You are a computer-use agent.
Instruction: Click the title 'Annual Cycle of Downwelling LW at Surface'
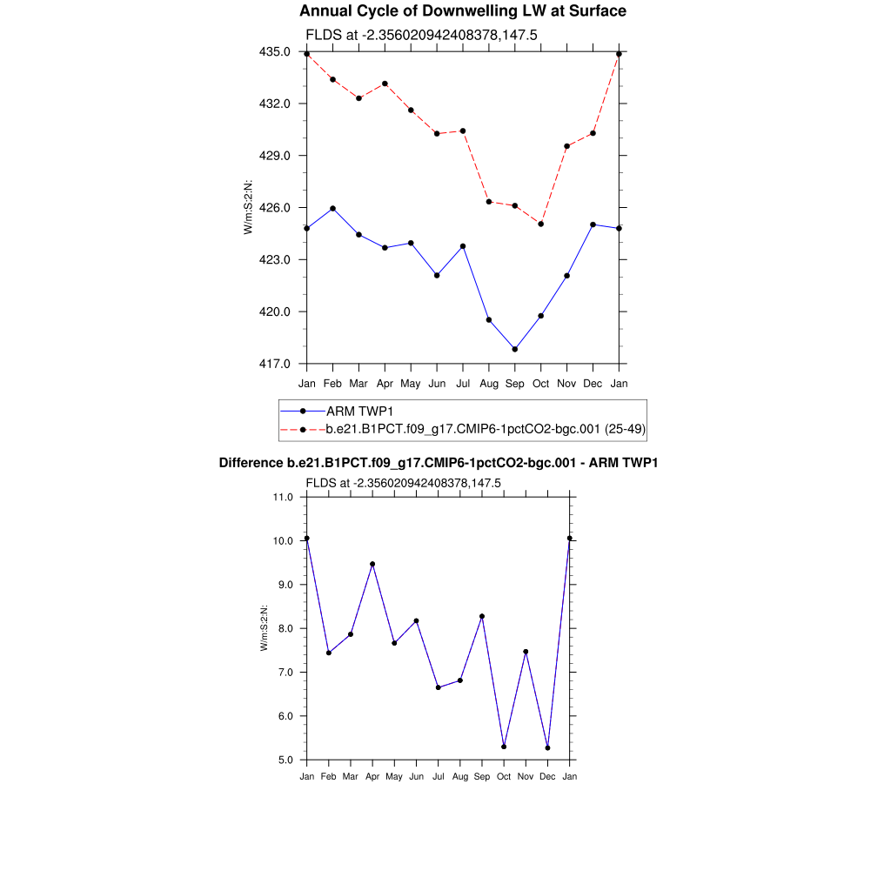click(462, 11)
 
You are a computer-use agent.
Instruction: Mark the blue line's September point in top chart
click(515, 350)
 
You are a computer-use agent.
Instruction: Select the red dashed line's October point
click(541, 224)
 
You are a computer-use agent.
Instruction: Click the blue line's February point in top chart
click(332, 209)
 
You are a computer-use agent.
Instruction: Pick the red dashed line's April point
click(385, 84)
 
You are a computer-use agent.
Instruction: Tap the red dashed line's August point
click(489, 202)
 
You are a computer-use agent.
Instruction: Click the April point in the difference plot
click(372, 564)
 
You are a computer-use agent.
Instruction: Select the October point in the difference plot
click(504, 747)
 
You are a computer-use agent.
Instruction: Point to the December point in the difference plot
click(547, 747)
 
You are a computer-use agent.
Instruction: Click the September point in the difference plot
click(482, 616)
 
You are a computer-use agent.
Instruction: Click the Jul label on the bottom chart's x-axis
click(438, 776)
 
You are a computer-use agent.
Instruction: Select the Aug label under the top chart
click(489, 383)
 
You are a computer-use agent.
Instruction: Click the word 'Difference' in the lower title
click(251, 463)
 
